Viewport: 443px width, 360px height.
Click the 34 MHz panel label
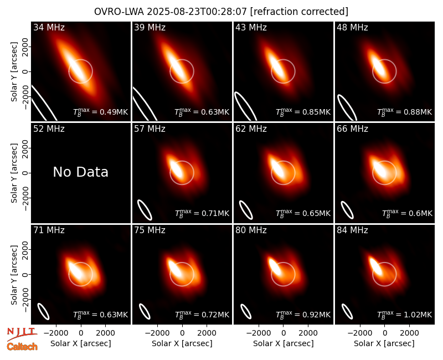pos(49,27)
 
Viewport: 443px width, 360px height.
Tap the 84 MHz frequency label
pos(352,230)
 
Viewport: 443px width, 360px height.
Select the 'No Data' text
pos(80,172)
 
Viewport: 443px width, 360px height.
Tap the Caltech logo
pos(22,347)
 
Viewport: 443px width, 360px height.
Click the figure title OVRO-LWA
pos(119,12)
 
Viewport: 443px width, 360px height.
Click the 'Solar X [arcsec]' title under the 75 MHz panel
pos(182,343)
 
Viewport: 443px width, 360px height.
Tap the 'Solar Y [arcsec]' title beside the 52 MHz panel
pos(14,173)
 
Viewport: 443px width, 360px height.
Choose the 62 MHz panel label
pos(251,129)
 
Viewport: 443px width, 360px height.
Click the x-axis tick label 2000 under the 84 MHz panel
pos(409,333)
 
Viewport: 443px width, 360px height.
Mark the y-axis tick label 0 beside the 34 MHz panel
pos(25,71)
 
